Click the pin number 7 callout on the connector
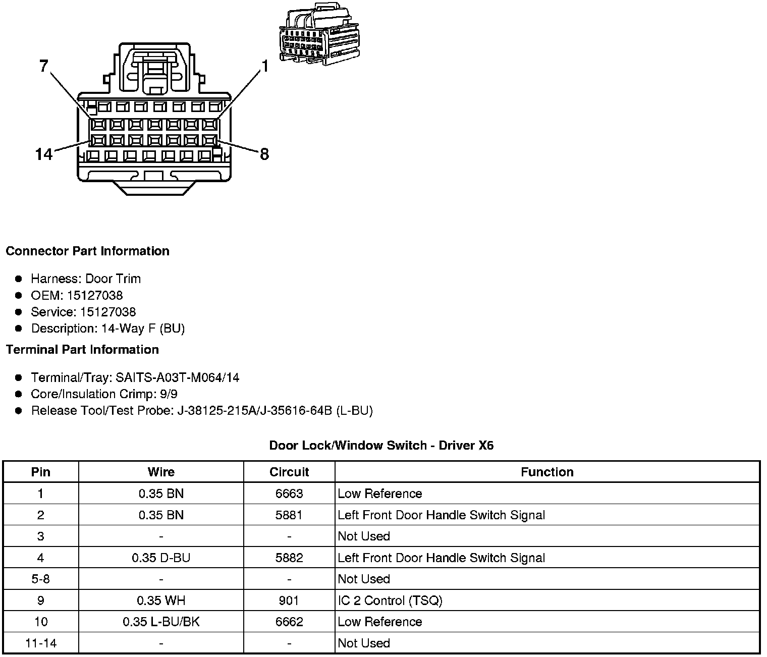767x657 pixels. (x=44, y=66)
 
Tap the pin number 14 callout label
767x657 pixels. (x=44, y=154)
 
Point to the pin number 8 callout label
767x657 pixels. (x=264, y=154)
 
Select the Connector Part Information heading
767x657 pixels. (x=87, y=251)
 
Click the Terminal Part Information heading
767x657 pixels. (x=82, y=350)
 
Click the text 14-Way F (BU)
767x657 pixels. (x=143, y=328)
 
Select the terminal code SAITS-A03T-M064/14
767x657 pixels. (x=177, y=377)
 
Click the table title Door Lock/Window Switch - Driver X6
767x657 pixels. (x=381, y=445)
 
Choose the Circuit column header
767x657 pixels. (x=289, y=472)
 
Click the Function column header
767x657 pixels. (x=547, y=472)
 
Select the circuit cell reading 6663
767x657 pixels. (x=289, y=494)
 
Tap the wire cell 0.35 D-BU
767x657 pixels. (x=161, y=558)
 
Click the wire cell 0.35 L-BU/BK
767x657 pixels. (x=161, y=622)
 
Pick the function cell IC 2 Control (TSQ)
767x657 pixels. (x=390, y=600)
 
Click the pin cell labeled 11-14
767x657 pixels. (x=41, y=643)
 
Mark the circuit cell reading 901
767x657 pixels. (x=289, y=600)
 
